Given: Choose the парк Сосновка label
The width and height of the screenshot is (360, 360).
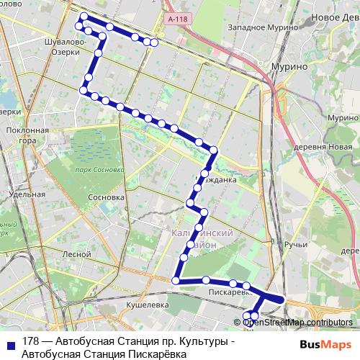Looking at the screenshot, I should coord(100,170).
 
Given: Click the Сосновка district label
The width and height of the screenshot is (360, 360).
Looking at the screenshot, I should coord(106,197).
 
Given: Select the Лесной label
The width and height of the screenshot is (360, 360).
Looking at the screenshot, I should coord(76,254).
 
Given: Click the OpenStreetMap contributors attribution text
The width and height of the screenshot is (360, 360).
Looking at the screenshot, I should coord(297,323).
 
